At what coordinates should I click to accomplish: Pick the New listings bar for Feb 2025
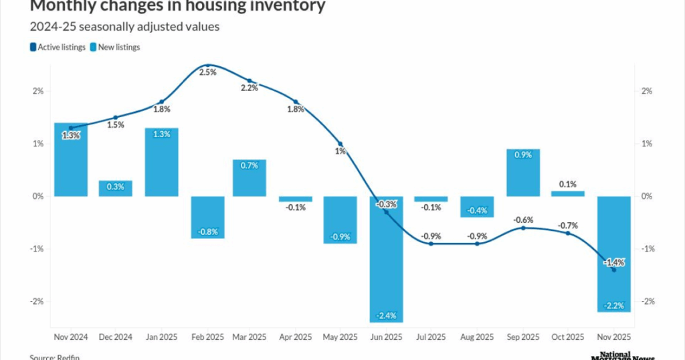(x=208, y=217)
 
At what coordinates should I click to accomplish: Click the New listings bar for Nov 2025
(x=614, y=254)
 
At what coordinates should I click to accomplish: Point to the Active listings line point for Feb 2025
(x=208, y=66)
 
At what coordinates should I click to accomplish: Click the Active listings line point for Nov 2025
(x=614, y=270)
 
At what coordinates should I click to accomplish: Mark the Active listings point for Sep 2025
(x=524, y=228)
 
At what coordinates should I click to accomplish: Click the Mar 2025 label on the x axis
(x=249, y=337)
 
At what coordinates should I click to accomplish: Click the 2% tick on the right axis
(x=646, y=91)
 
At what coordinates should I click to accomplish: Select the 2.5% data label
(x=208, y=72)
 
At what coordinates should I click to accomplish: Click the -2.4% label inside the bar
(x=386, y=315)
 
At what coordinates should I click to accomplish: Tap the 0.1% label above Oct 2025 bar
(x=569, y=184)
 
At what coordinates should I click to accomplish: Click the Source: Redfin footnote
(x=53, y=357)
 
